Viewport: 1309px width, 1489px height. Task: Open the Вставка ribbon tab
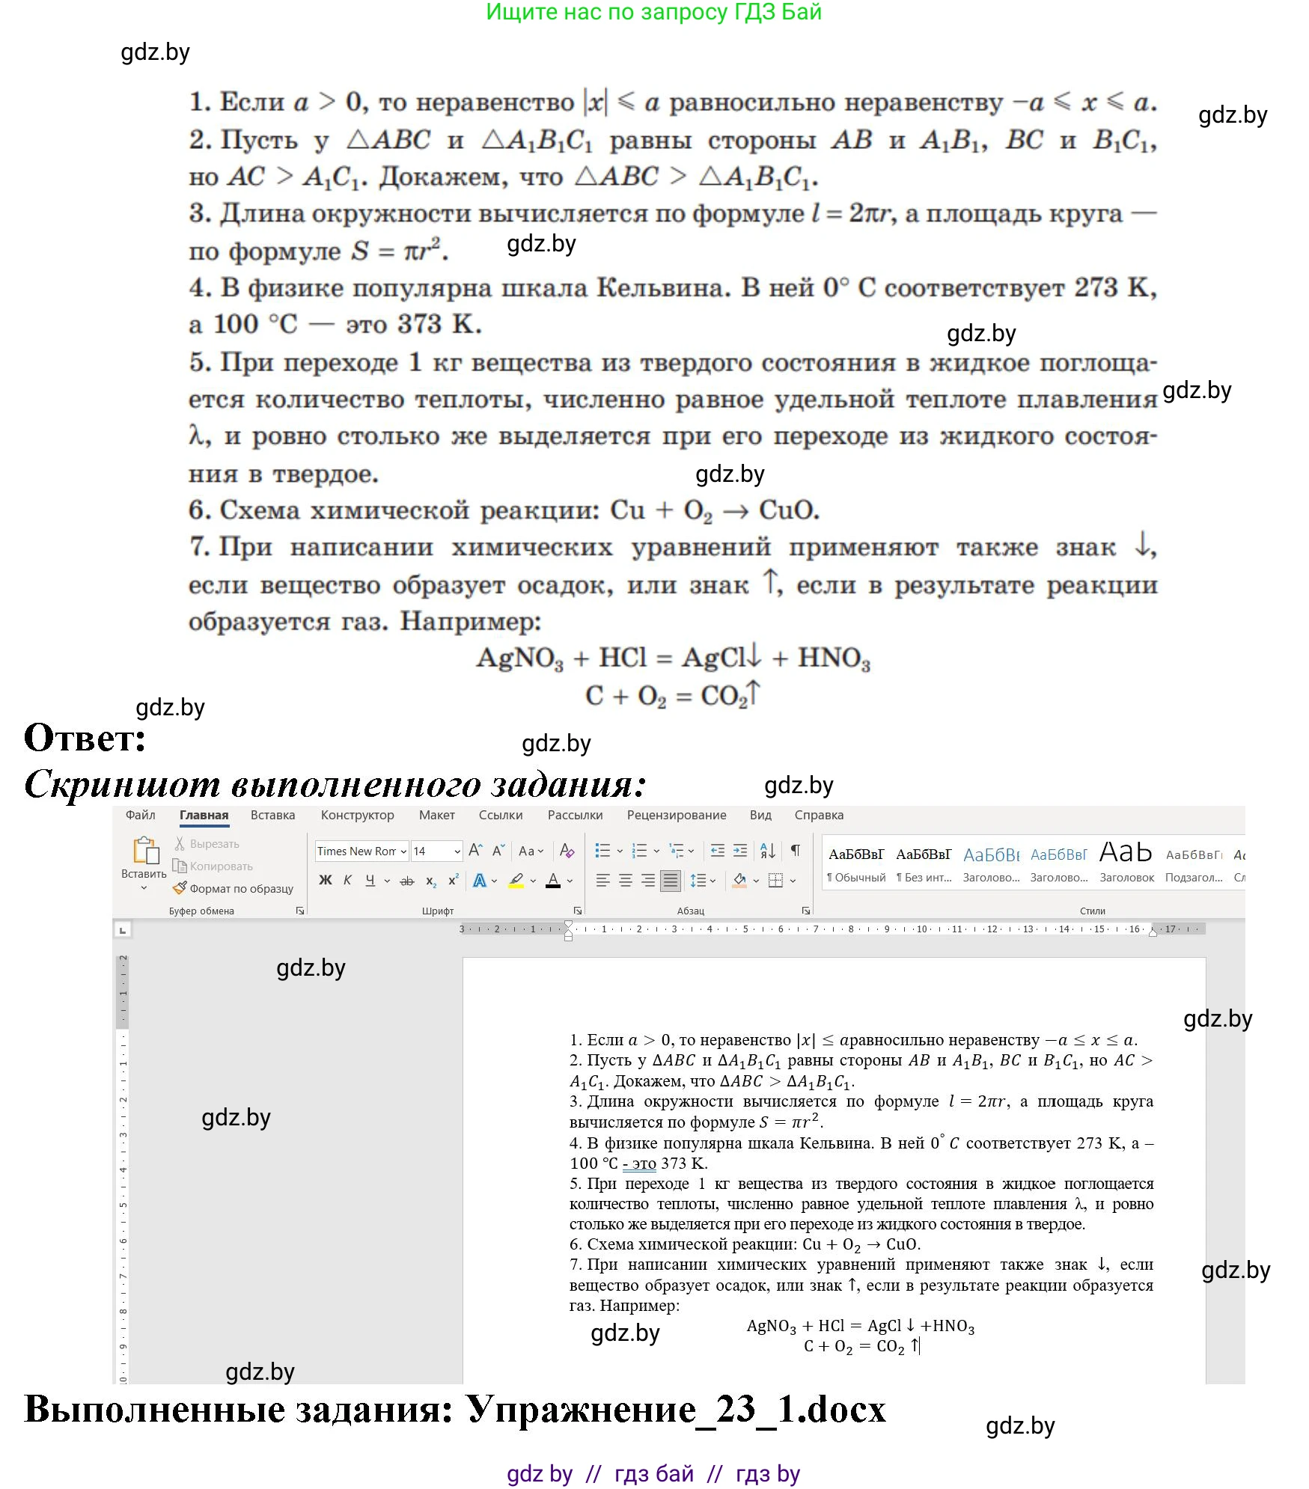(x=272, y=815)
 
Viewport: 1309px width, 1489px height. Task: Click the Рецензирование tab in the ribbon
(x=676, y=815)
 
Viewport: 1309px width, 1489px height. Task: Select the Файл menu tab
(x=140, y=815)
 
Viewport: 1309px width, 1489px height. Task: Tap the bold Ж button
(x=325, y=881)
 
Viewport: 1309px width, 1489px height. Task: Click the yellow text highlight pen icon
(x=516, y=881)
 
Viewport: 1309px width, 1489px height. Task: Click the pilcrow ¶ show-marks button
(x=796, y=850)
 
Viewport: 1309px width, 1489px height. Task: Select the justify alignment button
(x=671, y=881)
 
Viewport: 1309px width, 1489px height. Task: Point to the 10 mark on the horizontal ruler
(x=921, y=929)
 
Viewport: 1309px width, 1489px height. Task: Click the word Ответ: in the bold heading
(x=85, y=738)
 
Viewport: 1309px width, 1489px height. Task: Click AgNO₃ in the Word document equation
(x=771, y=1326)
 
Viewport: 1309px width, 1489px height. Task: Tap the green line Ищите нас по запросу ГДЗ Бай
(x=653, y=12)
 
